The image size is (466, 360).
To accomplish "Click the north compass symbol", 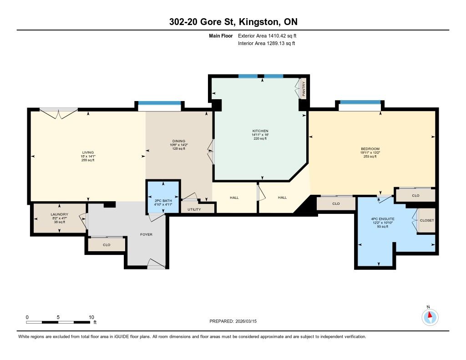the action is coord(430,317).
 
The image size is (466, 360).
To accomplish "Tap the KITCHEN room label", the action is coord(260,131).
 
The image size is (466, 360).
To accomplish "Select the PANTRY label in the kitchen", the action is coord(304,89).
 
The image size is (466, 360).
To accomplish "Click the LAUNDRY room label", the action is coord(60,214).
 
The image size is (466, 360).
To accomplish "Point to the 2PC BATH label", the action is coord(163,201).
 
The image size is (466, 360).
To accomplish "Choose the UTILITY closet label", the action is coord(194,209).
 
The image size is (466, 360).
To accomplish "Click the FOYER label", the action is coord(146,234).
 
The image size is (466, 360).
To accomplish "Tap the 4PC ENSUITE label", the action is coord(383,219).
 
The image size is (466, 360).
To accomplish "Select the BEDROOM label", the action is coord(370,149).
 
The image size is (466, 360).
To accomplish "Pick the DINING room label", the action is coord(178,141).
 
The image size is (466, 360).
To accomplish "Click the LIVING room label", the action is coord(88,152).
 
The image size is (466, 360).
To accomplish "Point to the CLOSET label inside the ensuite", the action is coord(427,220).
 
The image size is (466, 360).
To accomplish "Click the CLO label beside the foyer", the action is coord(106,245).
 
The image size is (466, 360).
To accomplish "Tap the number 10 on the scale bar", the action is coord(91,317).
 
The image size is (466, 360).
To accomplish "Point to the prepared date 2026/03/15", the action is coord(246,321).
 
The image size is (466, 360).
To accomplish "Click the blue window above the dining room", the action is coord(159,103).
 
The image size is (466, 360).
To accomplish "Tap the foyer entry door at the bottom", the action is coord(157,264).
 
